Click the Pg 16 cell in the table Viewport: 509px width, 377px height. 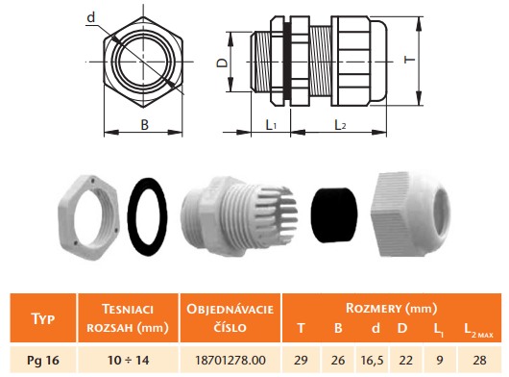[43, 360]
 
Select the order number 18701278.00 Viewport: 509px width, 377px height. [230, 360]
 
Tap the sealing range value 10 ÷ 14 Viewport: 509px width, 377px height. [128, 360]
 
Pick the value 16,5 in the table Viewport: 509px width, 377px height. [372, 360]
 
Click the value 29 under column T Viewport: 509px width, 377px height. [301, 360]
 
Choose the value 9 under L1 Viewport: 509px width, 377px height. [440, 360]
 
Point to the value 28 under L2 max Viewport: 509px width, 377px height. [480, 360]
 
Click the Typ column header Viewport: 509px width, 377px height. [43, 318]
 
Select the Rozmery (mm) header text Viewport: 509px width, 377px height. [391, 308]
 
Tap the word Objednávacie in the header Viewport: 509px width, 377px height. [230, 309]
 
